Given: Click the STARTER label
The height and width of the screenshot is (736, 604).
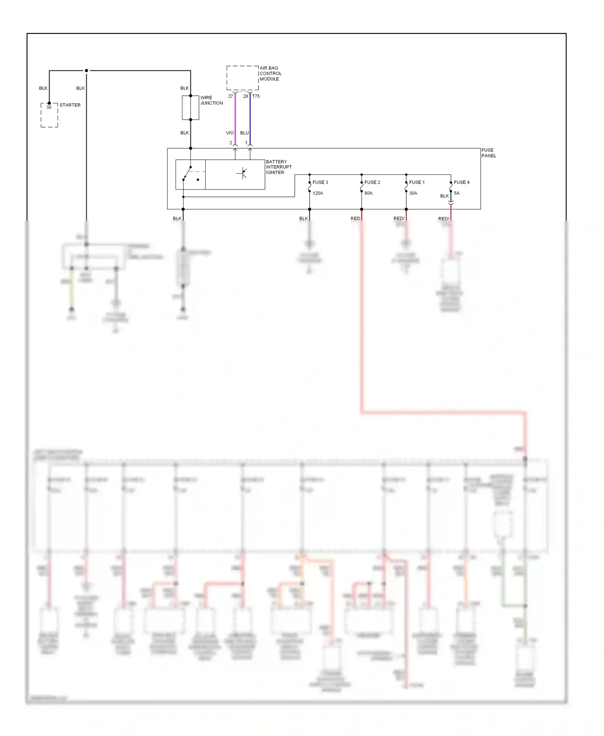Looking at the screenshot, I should tap(70, 105).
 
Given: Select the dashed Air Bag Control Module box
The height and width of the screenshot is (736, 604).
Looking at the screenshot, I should tap(242, 78).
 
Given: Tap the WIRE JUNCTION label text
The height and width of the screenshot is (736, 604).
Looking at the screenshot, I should tap(211, 100).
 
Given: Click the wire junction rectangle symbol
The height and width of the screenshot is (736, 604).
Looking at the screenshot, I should tap(190, 108).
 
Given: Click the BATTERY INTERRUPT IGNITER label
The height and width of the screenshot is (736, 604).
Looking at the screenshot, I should tap(279, 167).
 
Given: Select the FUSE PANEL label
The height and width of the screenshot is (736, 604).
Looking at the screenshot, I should tap(488, 153).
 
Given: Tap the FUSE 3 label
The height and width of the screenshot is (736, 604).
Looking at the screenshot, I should tap(320, 182).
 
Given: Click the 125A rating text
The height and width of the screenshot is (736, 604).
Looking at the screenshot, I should tap(318, 193).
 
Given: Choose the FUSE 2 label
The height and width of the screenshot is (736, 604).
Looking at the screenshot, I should tap(372, 182).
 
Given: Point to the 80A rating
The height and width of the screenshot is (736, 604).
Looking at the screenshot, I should tap(368, 193).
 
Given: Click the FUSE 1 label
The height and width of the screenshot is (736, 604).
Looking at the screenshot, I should tap(417, 182).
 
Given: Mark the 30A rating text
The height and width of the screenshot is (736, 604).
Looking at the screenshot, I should tap(413, 193).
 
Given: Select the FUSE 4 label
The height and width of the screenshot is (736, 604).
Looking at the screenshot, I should tap(461, 182).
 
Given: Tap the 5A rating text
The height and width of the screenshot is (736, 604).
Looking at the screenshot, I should tap(457, 193).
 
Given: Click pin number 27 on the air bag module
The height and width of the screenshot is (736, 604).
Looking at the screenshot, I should tap(231, 96).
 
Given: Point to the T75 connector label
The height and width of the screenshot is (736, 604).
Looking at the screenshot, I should tap(256, 96).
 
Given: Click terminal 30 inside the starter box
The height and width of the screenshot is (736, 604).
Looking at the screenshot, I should tap(49, 108).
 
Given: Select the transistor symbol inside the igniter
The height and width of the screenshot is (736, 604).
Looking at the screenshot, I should tap(242, 174).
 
